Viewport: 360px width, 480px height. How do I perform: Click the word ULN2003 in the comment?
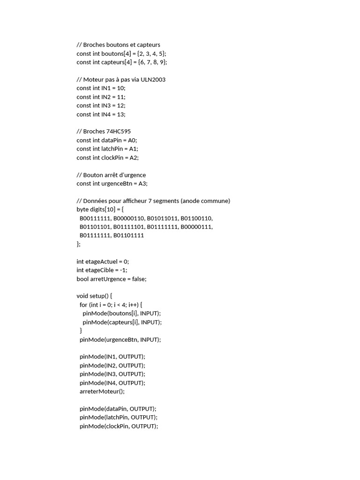pyautogui.click(x=153, y=80)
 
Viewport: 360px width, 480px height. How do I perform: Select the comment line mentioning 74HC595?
pyautogui.click(x=107, y=132)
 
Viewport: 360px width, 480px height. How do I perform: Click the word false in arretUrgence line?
pyautogui.click(x=139, y=279)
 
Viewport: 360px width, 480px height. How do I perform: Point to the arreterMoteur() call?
pyautogui.click(x=102, y=391)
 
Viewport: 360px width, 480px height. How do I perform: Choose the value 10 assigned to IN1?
pyautogui.click(x=121, y=88)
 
